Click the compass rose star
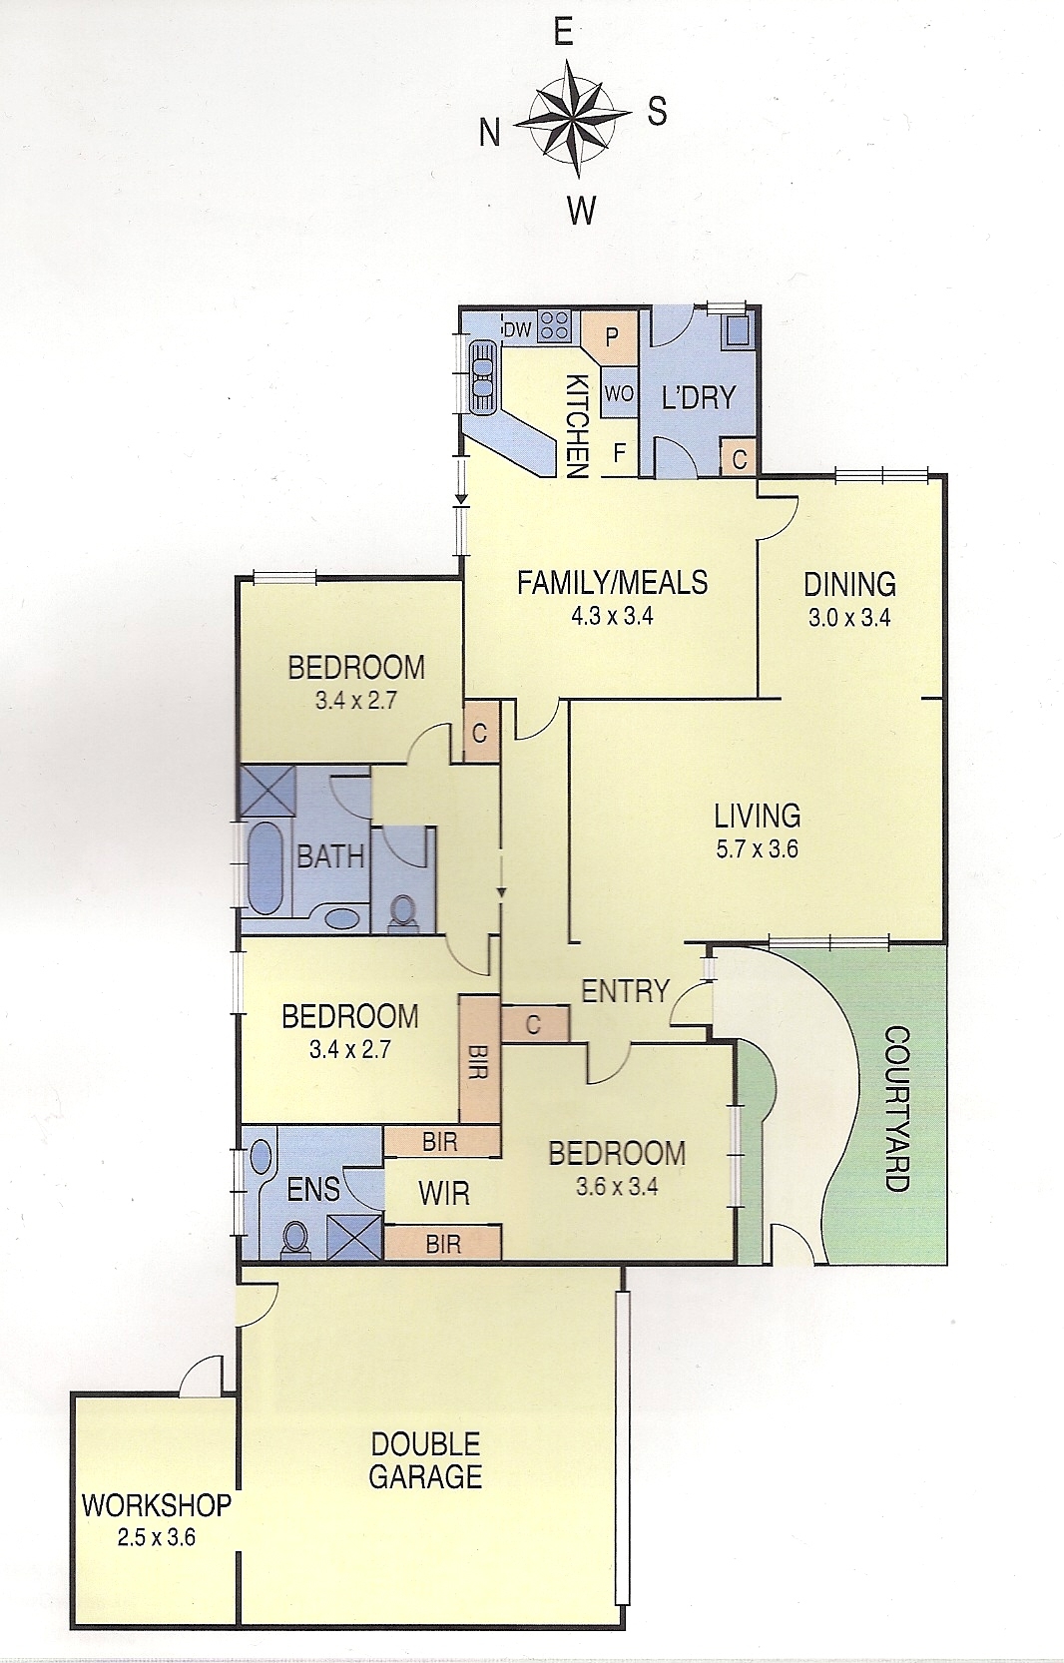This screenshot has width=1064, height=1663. tap(573, 120)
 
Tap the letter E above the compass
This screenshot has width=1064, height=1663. tap(564, 33)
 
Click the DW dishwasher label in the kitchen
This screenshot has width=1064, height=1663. tap(517, 330)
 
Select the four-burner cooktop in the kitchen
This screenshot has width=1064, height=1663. tap(555, 324)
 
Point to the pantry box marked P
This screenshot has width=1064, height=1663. tap(610, 337)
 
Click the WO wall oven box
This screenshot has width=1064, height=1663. tap(619, 393)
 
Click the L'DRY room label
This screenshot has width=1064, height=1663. tap(699, 398)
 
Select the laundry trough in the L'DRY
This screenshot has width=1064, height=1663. tap(738, 329)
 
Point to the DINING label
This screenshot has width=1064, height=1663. tap(849, 584)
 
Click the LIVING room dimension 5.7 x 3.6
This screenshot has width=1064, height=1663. tap(757, 848)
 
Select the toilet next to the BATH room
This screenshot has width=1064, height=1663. tap(403, 911)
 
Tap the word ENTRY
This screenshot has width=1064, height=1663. tap(625, 991)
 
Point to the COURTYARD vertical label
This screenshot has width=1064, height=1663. tap(896, 1109)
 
